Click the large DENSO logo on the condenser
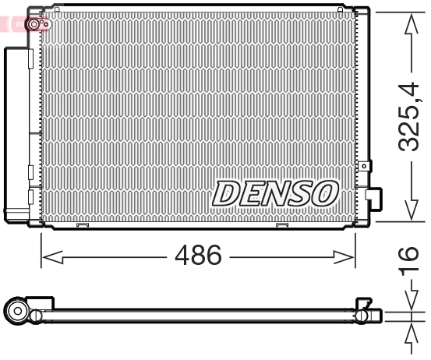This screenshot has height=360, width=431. tap(276, 191)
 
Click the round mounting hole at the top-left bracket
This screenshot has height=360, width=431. tap(34, 25)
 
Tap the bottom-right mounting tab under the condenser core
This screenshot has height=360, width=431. tap(282, 227)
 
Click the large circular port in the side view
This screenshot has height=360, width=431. tap(18, 313)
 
